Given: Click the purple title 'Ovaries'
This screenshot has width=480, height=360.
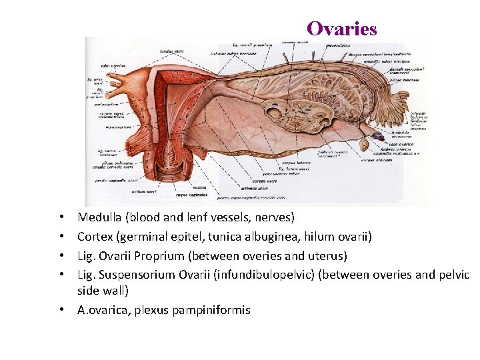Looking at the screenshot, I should click(341, 29).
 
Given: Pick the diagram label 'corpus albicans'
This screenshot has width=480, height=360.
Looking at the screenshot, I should click(373, 160).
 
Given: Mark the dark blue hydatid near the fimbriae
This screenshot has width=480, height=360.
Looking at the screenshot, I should click(377, 135).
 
